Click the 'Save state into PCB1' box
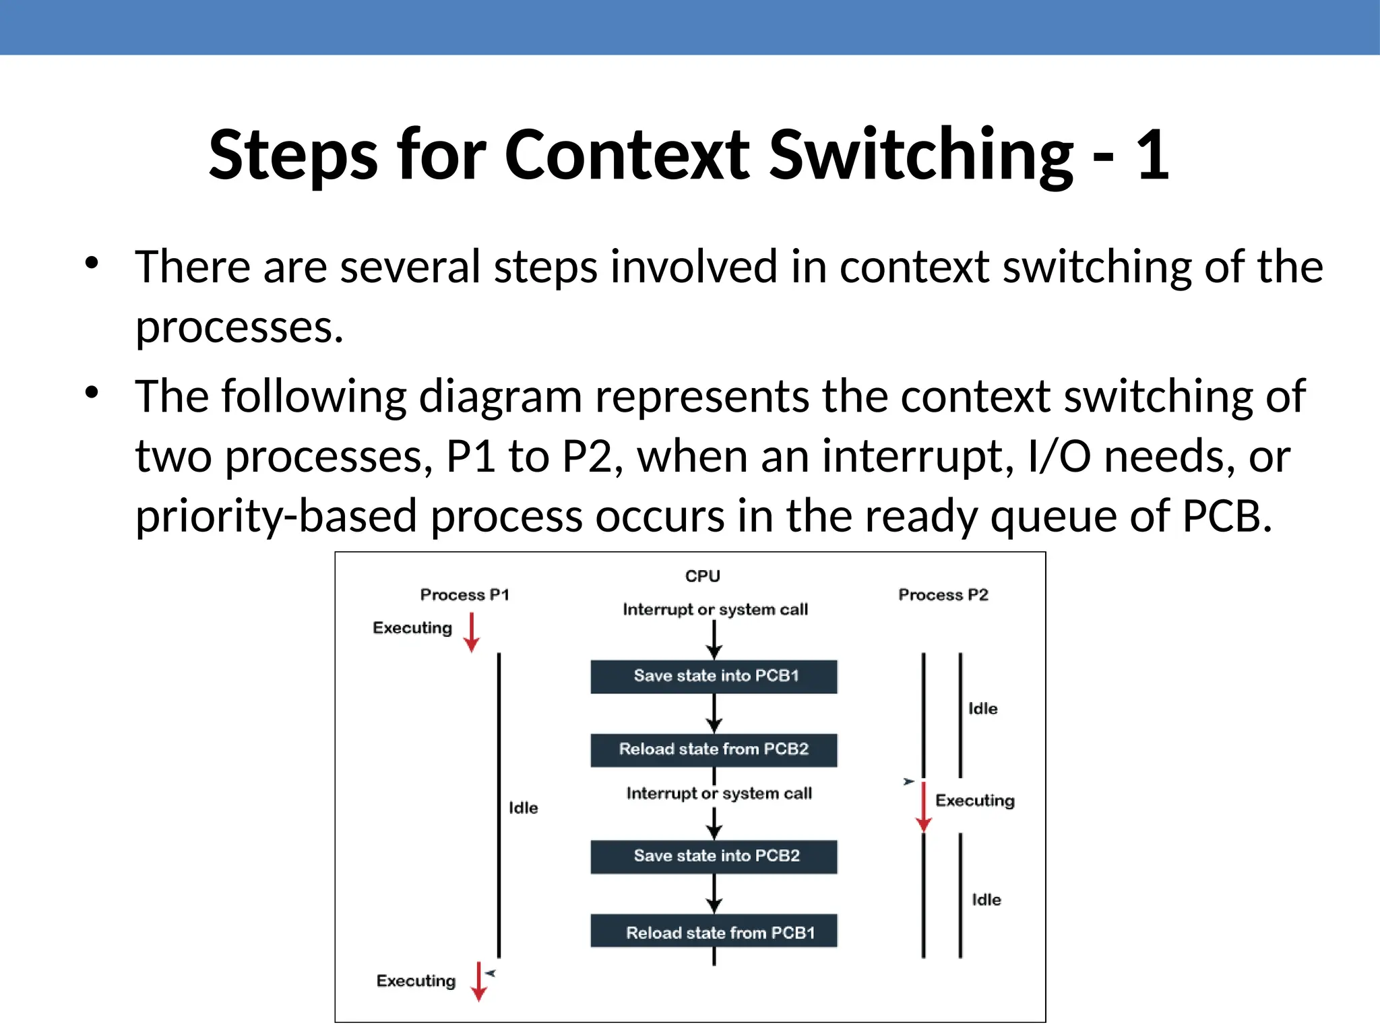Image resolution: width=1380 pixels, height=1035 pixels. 714,677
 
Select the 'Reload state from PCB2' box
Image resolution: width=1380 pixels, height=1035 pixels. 714,750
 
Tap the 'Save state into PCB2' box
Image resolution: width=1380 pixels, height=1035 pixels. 714,856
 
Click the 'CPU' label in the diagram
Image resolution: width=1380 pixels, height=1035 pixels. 702,576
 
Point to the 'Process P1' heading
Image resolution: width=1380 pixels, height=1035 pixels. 464,595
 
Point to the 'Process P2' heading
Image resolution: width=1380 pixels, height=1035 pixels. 943,595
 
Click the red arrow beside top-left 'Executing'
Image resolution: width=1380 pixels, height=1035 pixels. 472,633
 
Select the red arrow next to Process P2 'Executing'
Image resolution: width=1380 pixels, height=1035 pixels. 923,807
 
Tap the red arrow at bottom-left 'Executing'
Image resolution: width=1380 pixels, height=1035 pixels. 478,982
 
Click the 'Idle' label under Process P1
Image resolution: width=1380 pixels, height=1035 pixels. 523,808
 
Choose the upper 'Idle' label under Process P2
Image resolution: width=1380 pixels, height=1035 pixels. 982,709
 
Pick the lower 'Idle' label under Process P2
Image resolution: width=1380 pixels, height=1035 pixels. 986,900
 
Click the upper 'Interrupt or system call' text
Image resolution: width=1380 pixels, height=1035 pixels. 715,610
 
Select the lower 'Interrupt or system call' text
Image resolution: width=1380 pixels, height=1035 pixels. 718,794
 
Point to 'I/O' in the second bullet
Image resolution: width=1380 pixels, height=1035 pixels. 1059,456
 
